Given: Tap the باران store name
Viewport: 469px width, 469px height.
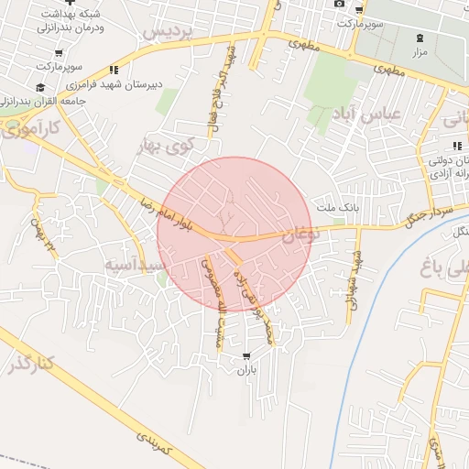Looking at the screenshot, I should pos(245,370).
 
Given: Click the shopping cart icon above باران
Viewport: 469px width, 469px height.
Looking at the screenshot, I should pos(245,355).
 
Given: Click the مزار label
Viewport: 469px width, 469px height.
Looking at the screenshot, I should pos(420,53).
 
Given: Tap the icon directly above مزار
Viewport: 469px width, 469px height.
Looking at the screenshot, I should pos(420,38).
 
